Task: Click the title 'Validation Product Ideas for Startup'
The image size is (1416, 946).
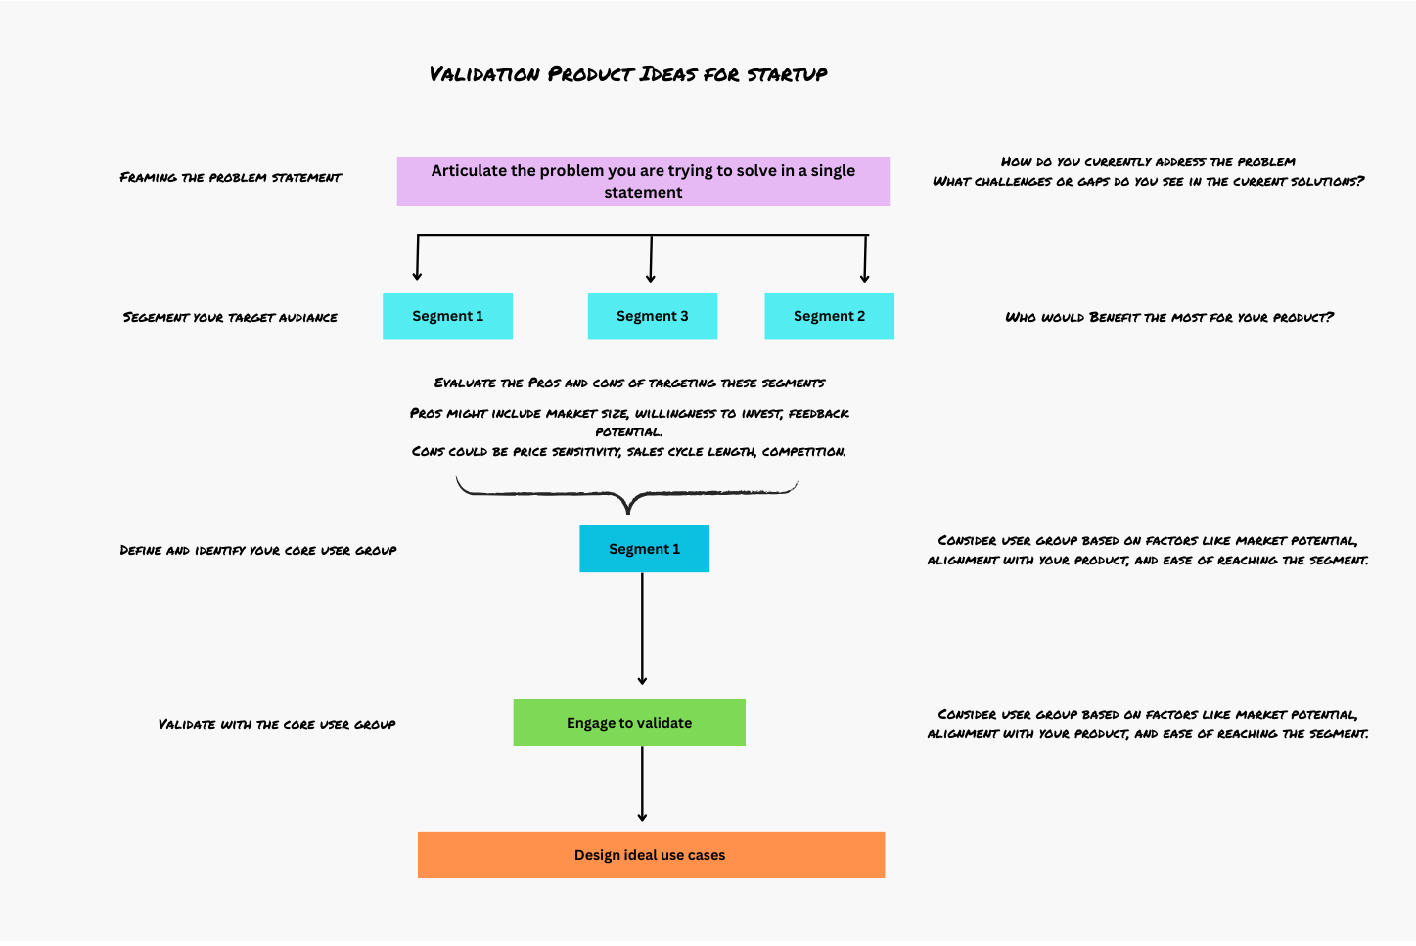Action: [x=628, y=74]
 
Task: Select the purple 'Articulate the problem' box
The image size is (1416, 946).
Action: [x=643, y=181]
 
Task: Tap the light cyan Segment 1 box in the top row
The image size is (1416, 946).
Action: [x=447, y=316]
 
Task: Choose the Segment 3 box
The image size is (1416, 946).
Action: [x=652, y=316]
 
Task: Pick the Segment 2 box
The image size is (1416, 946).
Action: [x=829, y=316]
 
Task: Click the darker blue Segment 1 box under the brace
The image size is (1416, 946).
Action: [x=644, y=549]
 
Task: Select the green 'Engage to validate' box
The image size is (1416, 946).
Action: [x=629, y=723]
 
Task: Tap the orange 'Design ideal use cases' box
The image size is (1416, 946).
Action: [x=651, y=855]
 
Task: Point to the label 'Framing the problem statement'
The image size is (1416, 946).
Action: [x=231, y=177]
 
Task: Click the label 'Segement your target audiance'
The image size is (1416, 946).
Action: [x=230, y=317]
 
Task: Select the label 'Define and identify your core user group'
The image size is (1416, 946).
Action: [x=258, y=550]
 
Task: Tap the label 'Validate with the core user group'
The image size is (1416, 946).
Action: [x=277, y=724]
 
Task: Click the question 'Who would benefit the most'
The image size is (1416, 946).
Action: [x=1169, y=317]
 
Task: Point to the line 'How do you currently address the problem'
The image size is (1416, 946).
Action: [x=1148, y=161]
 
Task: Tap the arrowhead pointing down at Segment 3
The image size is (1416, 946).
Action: [x=651, y=278]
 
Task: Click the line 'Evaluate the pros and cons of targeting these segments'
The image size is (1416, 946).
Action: [x=629, y=383]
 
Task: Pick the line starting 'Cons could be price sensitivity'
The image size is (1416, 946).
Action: [x=629, y=451]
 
